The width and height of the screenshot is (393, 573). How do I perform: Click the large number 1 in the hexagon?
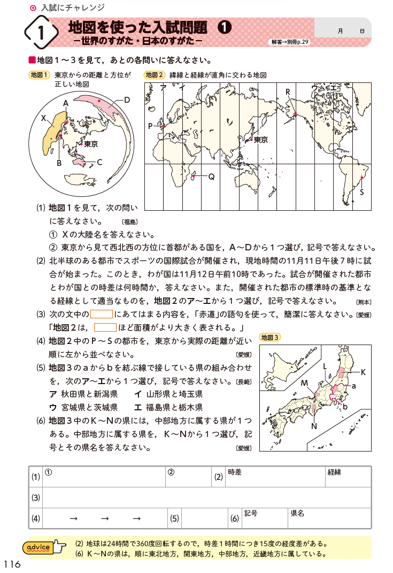tap(41, 33)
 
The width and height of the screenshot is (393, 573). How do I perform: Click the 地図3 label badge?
tap(269, 337)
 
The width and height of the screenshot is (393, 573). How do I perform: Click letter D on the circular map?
tap(127, 100)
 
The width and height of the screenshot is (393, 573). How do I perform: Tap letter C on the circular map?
tap(99, 162)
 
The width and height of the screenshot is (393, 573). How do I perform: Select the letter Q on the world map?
tap(211, 177)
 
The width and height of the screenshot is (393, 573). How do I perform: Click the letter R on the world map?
tap(287, 92)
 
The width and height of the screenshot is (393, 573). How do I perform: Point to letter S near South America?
tap(362, 192)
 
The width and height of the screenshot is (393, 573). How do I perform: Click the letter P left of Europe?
tap(151, 126)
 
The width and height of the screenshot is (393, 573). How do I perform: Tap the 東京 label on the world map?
tap(261, 140)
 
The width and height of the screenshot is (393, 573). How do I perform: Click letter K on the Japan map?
tap(363, 372)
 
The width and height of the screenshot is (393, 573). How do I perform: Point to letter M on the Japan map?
tap(304, 383)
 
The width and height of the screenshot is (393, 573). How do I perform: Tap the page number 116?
tap(12, 564)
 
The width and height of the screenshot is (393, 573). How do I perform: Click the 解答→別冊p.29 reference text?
tap(290, 41)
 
